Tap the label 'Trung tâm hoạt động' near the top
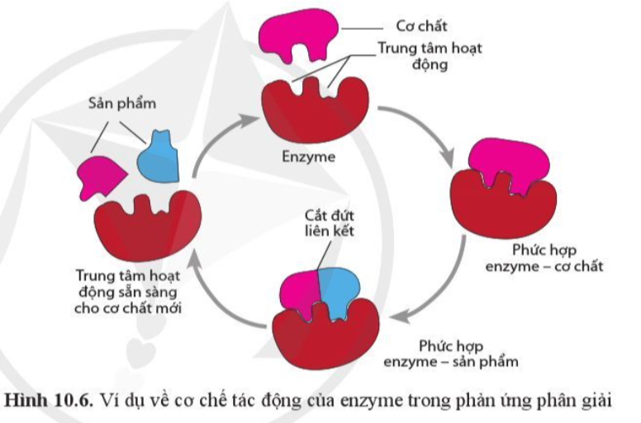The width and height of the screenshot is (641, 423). click(x=430, y=55)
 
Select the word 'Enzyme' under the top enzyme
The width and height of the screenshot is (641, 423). click(x=309, y=155)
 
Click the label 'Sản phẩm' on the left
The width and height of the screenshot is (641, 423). click(x=122, y=106)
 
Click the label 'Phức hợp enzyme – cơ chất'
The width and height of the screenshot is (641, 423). click(x=544, y=259)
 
